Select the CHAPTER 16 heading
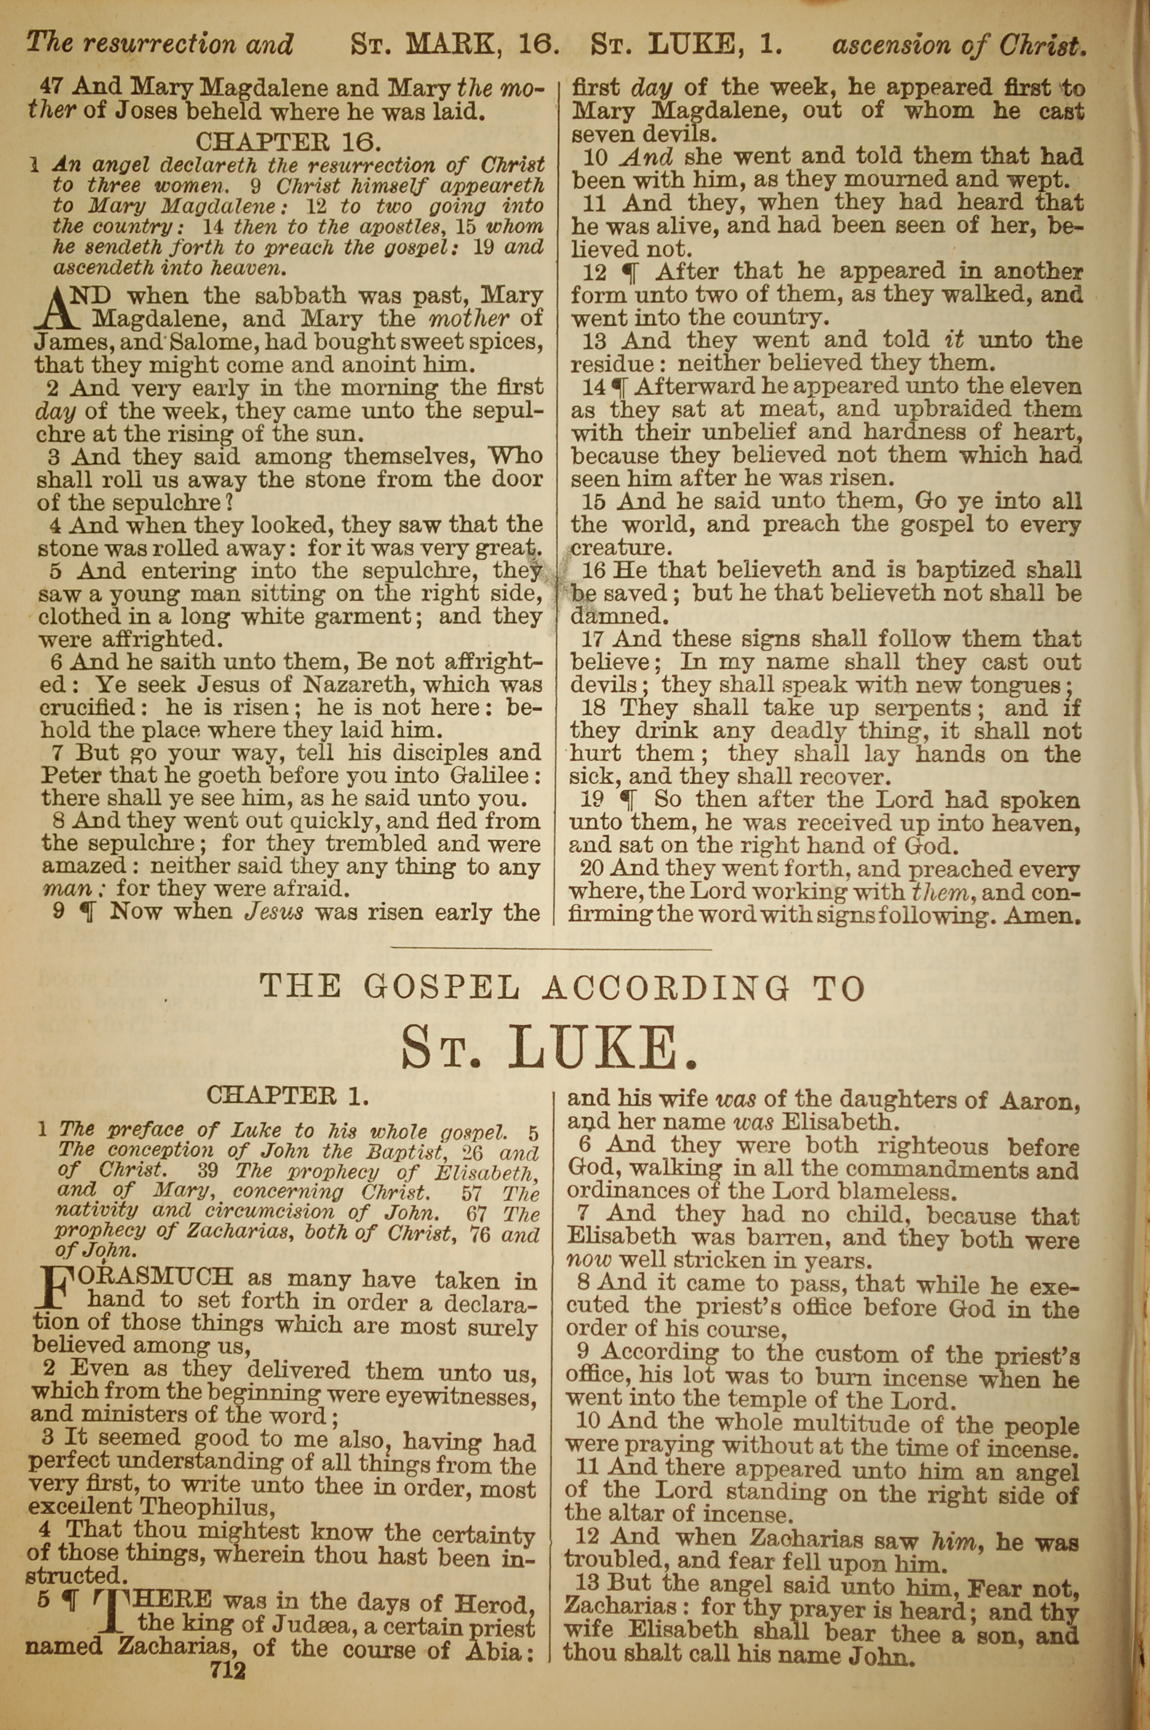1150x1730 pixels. [287, 140]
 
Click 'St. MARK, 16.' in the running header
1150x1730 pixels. [455, 45]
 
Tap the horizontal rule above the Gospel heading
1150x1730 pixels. [551, 951]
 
